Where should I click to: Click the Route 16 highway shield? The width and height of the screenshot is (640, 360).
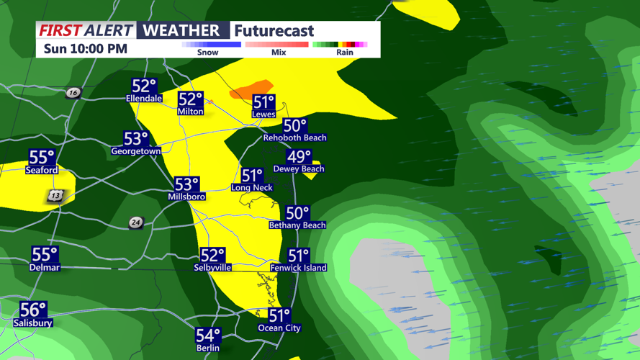click(73, 93)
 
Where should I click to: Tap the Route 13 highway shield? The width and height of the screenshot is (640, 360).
click(55, 196)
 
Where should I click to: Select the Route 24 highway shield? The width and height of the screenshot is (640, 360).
click(135, 222)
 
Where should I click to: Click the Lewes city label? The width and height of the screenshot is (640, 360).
click(263, 114)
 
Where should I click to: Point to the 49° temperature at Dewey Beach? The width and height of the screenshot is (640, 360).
click(299, 156)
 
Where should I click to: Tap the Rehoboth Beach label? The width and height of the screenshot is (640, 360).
click(294, 138)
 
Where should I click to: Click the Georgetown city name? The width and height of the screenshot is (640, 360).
click(135, 151)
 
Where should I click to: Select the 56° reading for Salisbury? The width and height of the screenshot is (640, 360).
click(33, 310)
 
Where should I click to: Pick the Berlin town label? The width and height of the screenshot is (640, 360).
click(208, 348)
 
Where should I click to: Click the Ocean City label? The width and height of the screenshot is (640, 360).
click(279, 328)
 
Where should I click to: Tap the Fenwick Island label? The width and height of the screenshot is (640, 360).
click(298, 268)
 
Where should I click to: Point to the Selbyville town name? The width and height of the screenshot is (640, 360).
click(212, 268)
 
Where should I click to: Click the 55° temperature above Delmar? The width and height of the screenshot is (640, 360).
click(45, 254)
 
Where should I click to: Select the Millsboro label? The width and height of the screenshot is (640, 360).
click(186, 197)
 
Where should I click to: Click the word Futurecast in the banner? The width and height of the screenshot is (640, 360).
click(274, 31)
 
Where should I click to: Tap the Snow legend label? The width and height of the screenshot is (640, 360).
click(207, 53)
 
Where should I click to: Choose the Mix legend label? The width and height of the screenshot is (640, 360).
click(279, 53)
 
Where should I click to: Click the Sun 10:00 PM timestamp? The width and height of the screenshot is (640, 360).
click(85, 49)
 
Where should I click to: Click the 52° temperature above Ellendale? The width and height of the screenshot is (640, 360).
click(144, 86)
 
